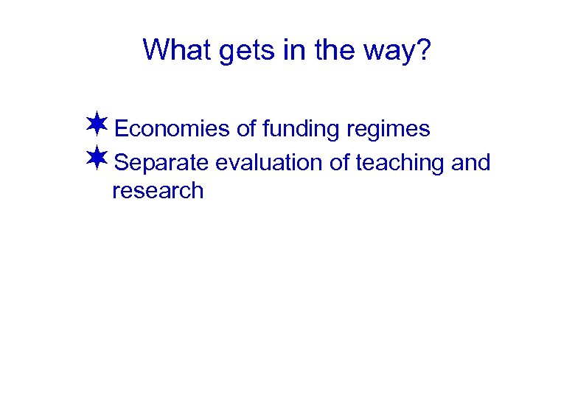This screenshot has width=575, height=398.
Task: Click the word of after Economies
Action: tap(246, 129)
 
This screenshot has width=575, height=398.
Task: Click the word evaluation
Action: tap(269, 162)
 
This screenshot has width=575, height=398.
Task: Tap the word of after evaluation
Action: tap(339, 162)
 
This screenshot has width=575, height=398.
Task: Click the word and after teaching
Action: tap(470, 162)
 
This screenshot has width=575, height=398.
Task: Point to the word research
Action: tap(157, 191)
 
